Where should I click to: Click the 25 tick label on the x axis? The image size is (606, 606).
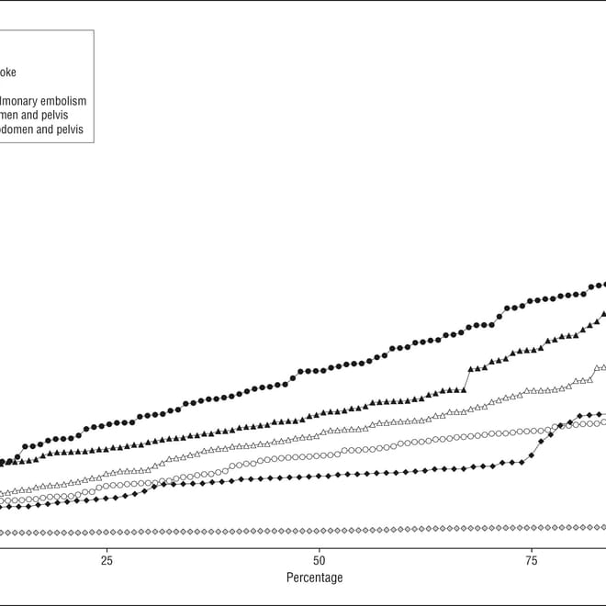tap(107, 561)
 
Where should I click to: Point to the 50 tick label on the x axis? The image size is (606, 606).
tap(319, 561)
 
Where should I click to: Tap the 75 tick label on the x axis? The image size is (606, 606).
tap(532, 561)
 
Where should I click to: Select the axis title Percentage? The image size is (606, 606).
tap(314, 578)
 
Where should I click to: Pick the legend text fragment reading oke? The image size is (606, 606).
tap(8, 72)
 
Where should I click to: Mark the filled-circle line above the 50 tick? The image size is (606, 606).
tap(319, 370)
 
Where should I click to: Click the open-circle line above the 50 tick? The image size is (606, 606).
tap(319, 454)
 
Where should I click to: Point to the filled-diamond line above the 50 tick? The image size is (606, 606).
tap(319, 476)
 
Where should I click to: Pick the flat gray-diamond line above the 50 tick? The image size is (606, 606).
tap(319, 531)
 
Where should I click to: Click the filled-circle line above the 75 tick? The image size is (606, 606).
tap(532, 300)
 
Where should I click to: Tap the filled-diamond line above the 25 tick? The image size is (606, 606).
tap(107, 498)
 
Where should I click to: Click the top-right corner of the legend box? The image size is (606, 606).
tap(94, 30)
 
